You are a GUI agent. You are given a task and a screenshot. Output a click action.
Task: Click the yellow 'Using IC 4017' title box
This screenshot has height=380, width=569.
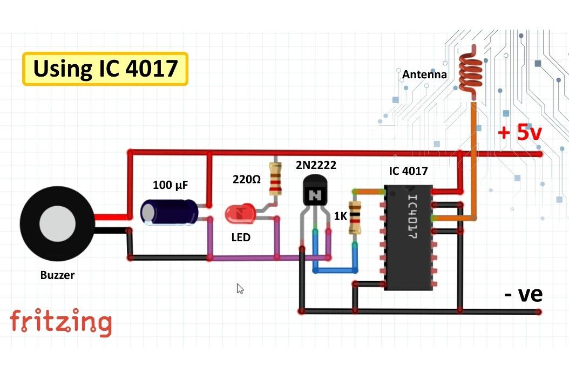(105, 69)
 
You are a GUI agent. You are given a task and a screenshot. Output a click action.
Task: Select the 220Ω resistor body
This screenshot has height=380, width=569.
(275, 179)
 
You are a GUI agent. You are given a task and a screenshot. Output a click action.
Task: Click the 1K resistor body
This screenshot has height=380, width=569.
(355, 217)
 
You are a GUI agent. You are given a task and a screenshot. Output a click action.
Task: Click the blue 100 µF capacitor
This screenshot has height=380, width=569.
(169, 212)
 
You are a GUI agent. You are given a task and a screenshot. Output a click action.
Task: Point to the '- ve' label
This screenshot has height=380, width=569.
(523, 295)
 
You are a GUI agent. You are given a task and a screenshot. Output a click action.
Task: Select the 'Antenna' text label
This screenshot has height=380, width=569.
(424, 74)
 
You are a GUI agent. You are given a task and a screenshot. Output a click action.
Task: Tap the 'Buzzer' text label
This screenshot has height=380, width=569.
(57, 275)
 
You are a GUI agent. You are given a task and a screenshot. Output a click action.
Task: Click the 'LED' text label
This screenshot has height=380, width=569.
(241, 237)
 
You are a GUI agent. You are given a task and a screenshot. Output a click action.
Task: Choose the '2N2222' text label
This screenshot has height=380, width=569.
(316, 165)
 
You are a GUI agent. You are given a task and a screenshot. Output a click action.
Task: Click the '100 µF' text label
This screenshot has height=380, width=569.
(171, 185)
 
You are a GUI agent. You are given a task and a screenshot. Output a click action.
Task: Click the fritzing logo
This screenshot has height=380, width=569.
(60, 322)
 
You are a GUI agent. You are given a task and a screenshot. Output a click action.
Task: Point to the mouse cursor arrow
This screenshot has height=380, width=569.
(240, 288)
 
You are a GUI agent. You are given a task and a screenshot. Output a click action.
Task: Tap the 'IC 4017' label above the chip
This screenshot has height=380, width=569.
(408, 171)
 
